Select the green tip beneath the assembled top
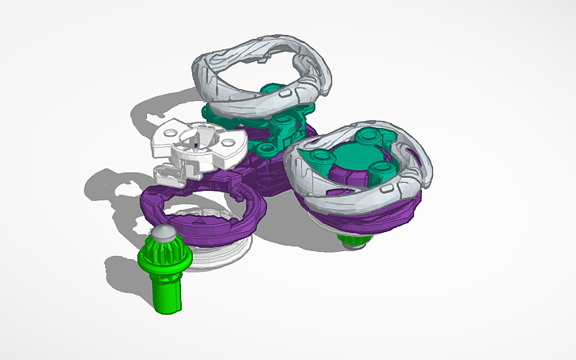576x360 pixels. point(351,239)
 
